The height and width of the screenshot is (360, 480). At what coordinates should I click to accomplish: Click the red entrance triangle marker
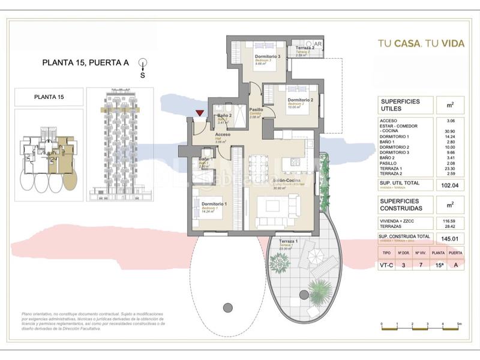tap(199, 113)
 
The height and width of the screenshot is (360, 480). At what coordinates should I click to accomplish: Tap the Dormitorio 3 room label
tap(259, 56)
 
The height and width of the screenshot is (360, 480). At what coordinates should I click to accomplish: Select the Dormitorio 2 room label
tap(301, 100)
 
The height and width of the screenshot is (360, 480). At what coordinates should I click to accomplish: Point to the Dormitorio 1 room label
tap(206, 205)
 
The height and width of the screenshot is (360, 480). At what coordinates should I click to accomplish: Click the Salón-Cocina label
tap(287, 181)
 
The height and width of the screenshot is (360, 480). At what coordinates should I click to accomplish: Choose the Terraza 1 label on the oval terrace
tap(290, 241)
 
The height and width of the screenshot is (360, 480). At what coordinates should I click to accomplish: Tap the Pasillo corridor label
tap(256, 110)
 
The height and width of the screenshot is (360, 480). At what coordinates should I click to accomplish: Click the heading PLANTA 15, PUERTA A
tap(86, 62)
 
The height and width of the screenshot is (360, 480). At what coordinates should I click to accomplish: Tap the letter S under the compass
tap(142, 76)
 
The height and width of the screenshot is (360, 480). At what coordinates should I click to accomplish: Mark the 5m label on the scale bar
tap(458, 323)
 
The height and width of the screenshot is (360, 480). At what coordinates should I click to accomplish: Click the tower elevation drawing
tap(120, 143)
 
